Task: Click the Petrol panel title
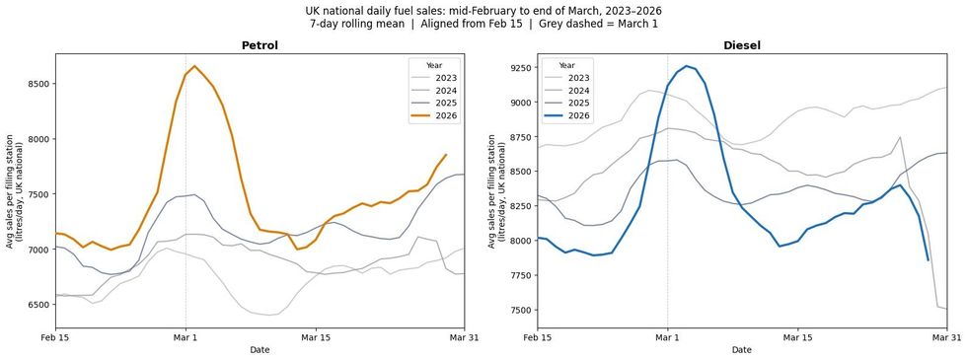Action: tap(260, 44)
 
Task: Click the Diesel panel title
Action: tap(742, 44)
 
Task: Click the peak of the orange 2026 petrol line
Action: tap(194, 66)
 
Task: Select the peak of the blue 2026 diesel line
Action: tap(685, 66)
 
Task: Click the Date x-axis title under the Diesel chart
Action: tap(742, 350)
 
